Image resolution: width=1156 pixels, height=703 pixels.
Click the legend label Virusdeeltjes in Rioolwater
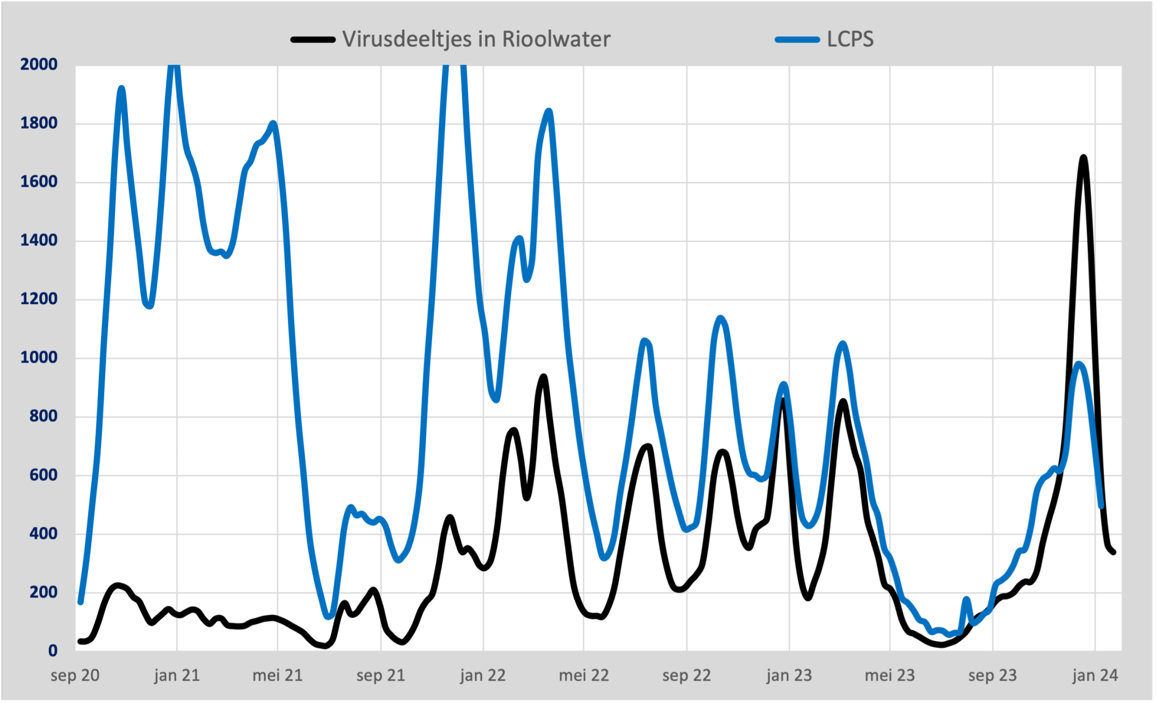[x=476, y=39]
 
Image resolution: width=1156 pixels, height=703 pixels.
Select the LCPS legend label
[x=850, y=39]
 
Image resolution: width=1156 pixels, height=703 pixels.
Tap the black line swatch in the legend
[x=313, y=40]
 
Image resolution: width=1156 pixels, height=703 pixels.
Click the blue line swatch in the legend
[x=797, y=40]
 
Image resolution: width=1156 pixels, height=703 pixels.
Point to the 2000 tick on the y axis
[x=39, y=64]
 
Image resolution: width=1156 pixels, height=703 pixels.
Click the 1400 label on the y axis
[x=39, y=240]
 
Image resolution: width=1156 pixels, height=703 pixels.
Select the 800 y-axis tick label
[x=44, y=416]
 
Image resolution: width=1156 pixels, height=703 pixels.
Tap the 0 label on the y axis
[x=53, y=651]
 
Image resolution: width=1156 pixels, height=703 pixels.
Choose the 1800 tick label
[x=39, y=123]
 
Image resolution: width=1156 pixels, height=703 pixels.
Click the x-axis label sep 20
[x=75, y=676]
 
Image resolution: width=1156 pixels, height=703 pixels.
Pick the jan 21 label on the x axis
[x=177, y=676]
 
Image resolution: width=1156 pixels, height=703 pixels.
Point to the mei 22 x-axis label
[x=584, y=676]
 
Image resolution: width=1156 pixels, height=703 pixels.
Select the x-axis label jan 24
[x=1095, y=676]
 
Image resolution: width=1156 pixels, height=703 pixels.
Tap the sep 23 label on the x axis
[x=992, y=676]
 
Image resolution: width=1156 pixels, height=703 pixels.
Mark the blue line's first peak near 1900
[x=121, y=89]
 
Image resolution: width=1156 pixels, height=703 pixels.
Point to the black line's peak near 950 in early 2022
[x=543, y=377]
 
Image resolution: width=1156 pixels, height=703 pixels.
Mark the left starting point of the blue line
[x=80, y=602]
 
